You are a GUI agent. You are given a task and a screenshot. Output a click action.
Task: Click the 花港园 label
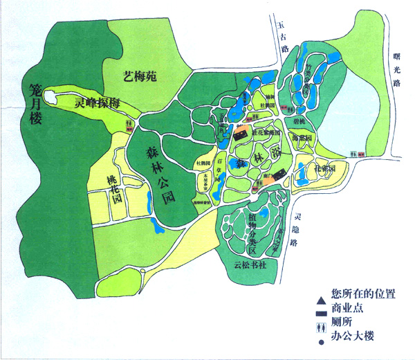326,168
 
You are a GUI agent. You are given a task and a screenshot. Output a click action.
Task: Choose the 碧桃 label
299,122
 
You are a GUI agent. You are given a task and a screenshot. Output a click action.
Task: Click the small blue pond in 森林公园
152,224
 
